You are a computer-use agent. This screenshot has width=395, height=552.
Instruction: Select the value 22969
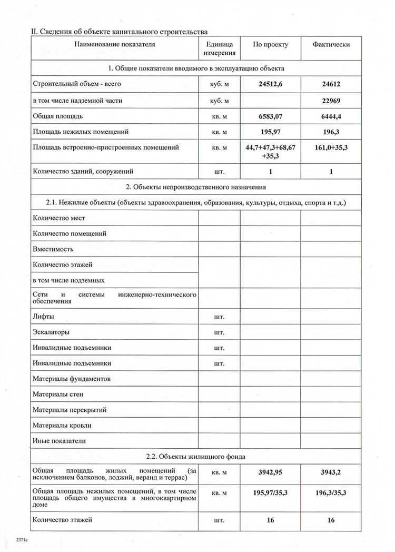[331, 100]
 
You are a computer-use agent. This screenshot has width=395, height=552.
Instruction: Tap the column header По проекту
[270, 45]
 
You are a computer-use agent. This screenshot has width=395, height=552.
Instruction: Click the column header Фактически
[331, 45]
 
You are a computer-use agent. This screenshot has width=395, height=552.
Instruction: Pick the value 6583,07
[270, 116]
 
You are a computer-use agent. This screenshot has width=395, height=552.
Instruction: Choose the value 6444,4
[331, 116]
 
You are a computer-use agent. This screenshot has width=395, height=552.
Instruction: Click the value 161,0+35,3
[331, 148]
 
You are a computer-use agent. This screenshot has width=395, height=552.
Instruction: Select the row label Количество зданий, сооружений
[83, 171]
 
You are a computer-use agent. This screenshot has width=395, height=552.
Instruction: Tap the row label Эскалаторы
[51, 332]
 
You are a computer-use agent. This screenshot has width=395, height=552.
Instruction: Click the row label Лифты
[44, 317]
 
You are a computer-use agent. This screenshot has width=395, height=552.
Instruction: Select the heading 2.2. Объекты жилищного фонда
[195, 456]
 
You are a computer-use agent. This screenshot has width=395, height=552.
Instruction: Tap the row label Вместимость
[53, 249]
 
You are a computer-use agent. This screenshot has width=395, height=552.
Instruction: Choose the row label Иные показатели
[59, 440]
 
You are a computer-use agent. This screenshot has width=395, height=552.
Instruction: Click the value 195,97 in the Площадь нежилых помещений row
[270, 132]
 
